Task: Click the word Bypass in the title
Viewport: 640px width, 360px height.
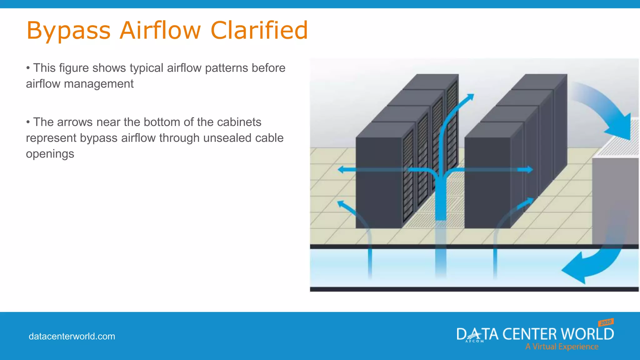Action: (68, 31)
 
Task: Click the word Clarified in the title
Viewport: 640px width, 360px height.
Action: (259, 30)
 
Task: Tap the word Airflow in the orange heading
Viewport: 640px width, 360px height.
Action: (160, 30)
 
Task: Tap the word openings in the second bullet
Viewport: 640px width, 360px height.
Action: (50, 154)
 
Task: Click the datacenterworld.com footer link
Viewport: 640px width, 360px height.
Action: (72, 337)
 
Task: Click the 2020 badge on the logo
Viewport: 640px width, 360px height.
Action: (606, 322)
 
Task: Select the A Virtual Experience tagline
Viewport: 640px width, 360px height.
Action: (562, 347)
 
